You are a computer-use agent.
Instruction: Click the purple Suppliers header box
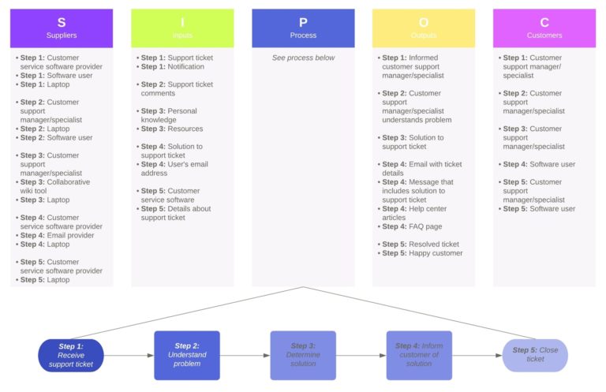pyautogui.click(x=62, y=28)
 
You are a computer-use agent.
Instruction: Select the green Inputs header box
pyautogui.click(x=182, y=28)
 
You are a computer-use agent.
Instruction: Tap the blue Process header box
pyautogui.click(x=303, y=28)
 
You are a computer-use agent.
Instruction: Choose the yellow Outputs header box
pyautogui.click(x=424, y=28)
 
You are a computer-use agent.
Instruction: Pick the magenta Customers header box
pyautogui.click(x=544, y=28)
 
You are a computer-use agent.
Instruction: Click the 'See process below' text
pyautogui.click(x=303, y=58)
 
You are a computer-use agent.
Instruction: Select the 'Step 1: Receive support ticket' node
pyautogui.click(x=71, y=355)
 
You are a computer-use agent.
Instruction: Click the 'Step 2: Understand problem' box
pyautogui.click(x=187, y=355)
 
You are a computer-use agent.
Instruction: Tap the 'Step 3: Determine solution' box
pyautogui.click(x=303, y=355)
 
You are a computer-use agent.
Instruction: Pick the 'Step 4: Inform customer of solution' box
pyautogui.click(x=419, y=355)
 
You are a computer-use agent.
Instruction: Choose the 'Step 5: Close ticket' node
pyautogui.click(x=535, y=355)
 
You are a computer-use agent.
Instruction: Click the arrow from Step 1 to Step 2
pyautogui.click(x=129, y=356)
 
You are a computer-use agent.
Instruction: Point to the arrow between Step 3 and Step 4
pyautogui.click(x=361, y=356)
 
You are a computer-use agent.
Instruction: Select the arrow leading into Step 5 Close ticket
pyautogui.click(x=477, y=356)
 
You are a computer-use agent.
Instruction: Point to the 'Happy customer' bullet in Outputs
pyautogui.click(x=427, y=253)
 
